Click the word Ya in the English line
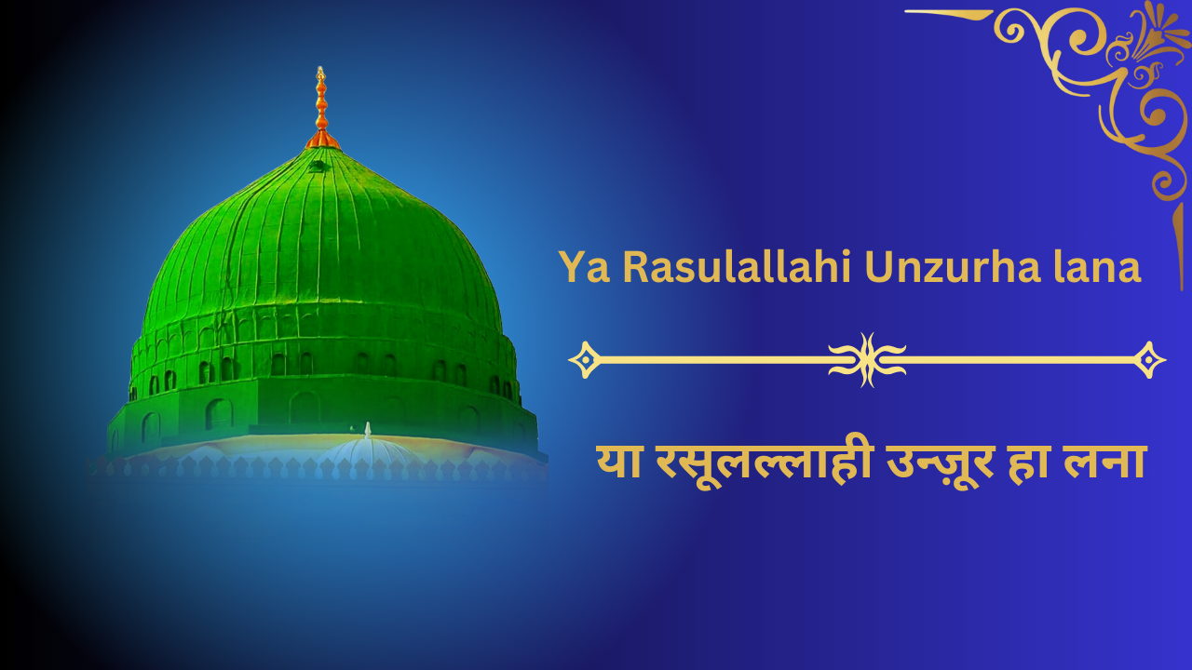pos(584,267)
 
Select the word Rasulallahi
pos(737,266)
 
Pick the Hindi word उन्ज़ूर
pos(940,463)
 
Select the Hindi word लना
pos(1104,462)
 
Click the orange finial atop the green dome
pos(321,107)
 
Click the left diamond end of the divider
pos(585,360)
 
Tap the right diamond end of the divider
pos(1149,360)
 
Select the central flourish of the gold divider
pos(867,360)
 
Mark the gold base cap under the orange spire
pos(322,140)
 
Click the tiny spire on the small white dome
pos(367,430)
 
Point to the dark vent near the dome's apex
pos(318,166)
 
